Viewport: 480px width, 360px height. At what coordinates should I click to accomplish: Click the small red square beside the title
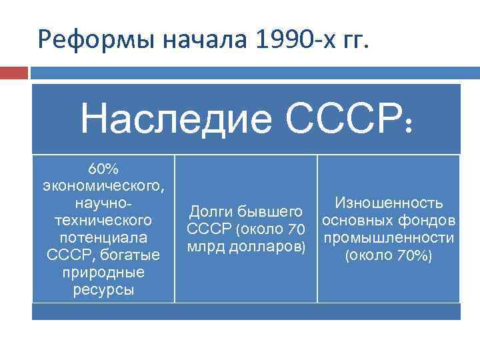pyautogui.click(x=15, y=72)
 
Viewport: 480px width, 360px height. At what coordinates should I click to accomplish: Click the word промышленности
pyautogui.click(x=389, y=237)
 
